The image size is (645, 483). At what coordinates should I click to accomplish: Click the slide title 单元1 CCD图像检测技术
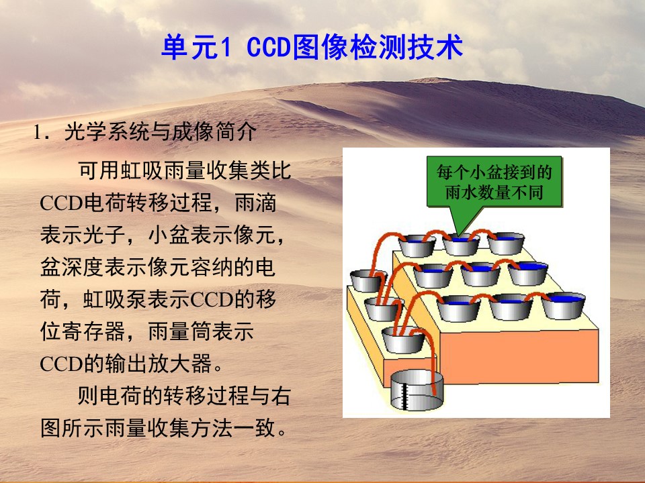pyautogui.click(x=312, y=47)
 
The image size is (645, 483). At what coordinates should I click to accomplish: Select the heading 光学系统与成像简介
pyautogui.click(x=161, y=132)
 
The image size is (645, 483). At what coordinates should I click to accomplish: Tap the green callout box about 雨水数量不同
pyautogui.click(x=494, y=182)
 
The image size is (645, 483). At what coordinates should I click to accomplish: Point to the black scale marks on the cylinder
pyautogui.click(x=404, y=396)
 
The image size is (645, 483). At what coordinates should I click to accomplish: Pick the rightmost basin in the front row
pyautogui.click(x=563, y=305)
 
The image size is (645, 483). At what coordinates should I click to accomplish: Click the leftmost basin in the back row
pyautogui.click(x=417, y=246)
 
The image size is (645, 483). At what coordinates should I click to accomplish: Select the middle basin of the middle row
pyautogui.click(x=480, y=274)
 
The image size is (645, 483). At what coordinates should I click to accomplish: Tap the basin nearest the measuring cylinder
pyautogui.click(x=402, y=339)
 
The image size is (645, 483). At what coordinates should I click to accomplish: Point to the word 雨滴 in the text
pyautogui.click(x=255, y=203)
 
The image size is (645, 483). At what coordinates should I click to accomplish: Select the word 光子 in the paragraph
pyautogui.click(x=103, y=235)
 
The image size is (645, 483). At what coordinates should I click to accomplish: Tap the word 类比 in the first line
pyautogui.click(x=271, y=170)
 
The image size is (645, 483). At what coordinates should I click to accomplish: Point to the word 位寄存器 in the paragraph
pyautogui.click(x=82, y=331)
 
